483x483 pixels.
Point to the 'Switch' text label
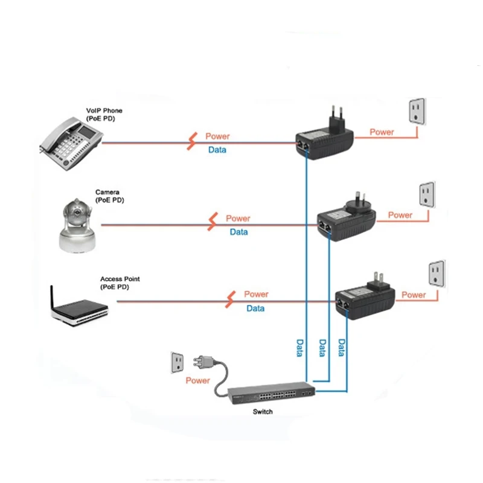263,412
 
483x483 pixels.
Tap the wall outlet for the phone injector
415,110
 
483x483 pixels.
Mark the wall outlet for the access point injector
436,273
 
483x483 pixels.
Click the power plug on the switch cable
201,363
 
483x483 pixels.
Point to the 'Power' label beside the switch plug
197,381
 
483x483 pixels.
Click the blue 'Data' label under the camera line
238,232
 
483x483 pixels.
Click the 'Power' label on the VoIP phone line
217,137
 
